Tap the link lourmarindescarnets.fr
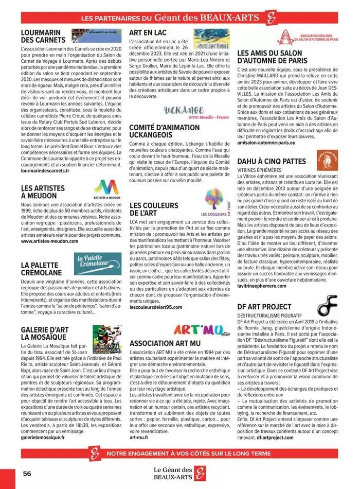(45, 170)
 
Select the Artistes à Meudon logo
(107, 189)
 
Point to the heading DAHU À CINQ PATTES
(278, 162)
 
